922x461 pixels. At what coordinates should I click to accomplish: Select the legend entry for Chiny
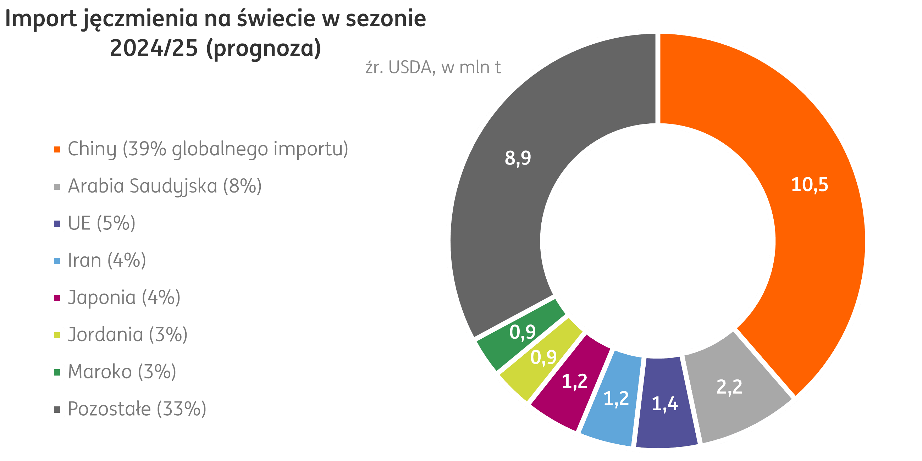click(x=208, y=149)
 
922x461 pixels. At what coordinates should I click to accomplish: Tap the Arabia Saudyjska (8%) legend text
click(x=165, y=187)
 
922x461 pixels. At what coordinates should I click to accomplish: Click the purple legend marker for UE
click(x=57, y=224)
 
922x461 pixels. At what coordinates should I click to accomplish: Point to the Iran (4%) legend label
click(x=107, y=261)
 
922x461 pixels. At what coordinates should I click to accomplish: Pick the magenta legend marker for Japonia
click(x=57, y=298)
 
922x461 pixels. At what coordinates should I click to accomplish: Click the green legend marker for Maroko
click(x=57, y=372)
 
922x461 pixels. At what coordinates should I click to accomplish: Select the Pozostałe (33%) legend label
click(x=137, y=410)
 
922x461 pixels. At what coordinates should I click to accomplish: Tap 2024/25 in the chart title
click(x=154, y=48)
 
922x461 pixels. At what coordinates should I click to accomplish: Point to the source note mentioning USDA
click(x=433, y=68)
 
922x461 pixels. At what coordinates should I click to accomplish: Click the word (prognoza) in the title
click(x=264, y=48)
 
